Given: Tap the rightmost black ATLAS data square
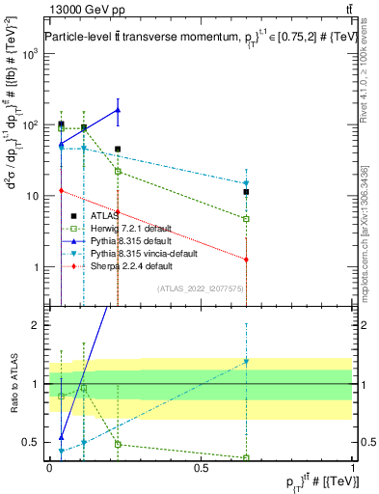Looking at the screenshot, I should [247, 192].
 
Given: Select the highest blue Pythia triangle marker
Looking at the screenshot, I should [118, 110].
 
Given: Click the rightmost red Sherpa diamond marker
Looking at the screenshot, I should [247, 260].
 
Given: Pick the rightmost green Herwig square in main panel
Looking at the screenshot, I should [247, 219].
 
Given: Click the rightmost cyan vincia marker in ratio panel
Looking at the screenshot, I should [247, 362].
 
